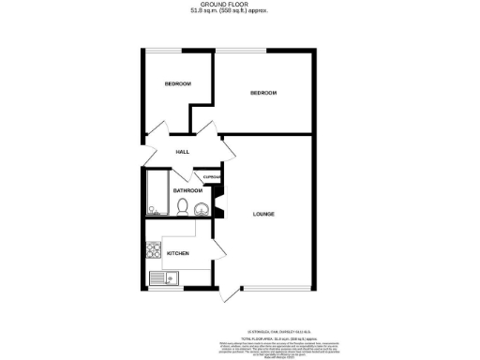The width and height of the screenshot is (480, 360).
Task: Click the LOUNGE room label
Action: [263, 215]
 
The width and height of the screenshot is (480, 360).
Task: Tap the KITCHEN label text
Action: [178, 253]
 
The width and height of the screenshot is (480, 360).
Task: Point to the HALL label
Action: [183, 152]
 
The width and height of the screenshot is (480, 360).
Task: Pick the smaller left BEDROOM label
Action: [178, 84]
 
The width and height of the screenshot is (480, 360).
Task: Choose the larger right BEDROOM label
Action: [263, 93]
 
